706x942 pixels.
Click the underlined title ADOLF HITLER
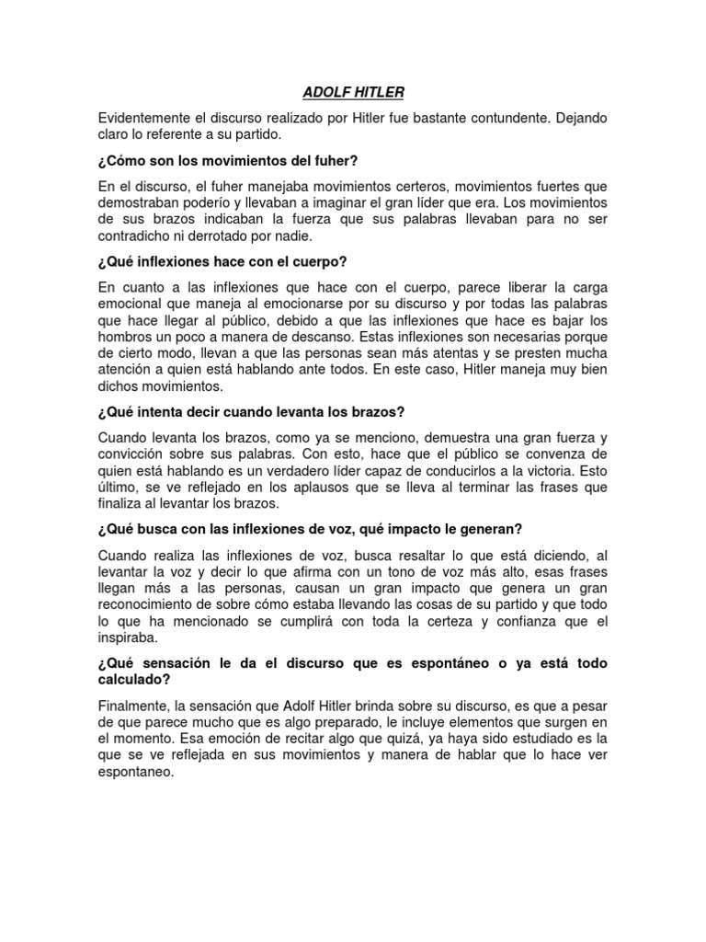click(x=353, y=93)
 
